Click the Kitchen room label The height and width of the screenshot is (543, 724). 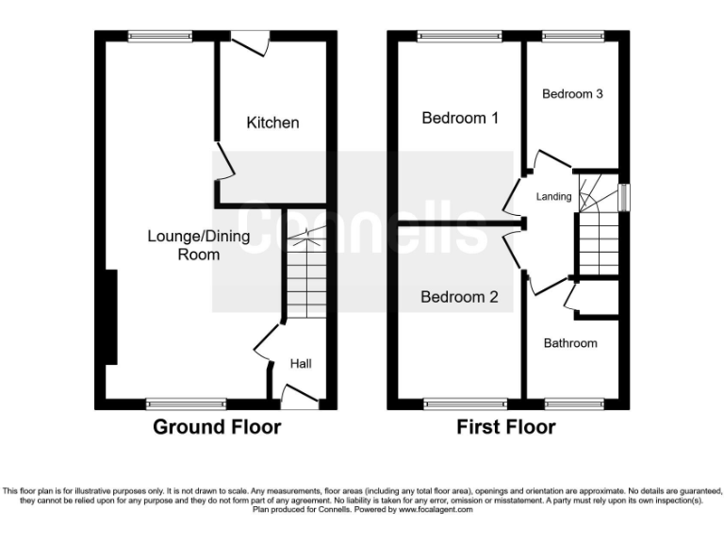click(272, 123)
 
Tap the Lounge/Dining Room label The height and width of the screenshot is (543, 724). click(199, 245)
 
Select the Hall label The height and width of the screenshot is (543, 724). click(300, 364)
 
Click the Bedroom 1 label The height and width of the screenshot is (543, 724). click(460, 118)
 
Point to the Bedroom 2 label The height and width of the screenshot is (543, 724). click(459, 298)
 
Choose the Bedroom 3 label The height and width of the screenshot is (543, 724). click(572, 94)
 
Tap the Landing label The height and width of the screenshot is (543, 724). click(553, 196)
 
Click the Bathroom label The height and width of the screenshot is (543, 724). click(570, 343)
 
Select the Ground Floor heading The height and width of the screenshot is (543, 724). click(217, 427)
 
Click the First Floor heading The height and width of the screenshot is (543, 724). click(506, 427)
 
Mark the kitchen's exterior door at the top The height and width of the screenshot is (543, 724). click(248, 40)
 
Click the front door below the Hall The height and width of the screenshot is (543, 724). click(300, 403)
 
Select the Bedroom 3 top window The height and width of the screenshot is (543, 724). click(571, 37)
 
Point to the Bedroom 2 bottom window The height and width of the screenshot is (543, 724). click(459, 404)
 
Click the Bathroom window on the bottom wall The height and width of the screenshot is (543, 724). click(574, 404)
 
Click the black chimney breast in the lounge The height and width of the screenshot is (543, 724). click(112, 317)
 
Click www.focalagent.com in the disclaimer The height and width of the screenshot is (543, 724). click(434, 510)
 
